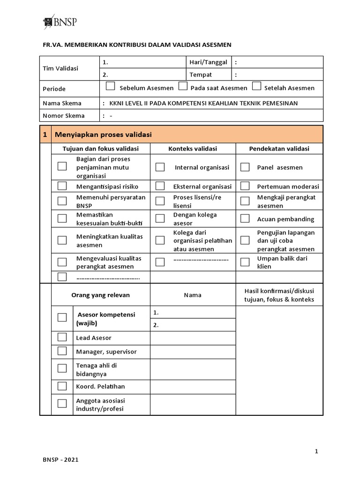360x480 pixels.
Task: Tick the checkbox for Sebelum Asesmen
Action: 110,86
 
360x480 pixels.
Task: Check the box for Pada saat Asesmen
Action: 183,86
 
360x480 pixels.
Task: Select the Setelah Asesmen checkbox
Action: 256,86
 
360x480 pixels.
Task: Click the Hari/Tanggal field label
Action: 208,62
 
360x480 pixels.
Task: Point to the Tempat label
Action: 201,75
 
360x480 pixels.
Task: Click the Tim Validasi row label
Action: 61,68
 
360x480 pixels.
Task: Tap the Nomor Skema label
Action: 64,116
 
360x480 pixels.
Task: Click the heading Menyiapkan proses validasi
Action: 104,135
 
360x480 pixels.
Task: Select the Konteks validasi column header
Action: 193,149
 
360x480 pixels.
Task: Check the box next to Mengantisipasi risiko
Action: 62,186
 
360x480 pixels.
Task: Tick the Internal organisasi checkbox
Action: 160,167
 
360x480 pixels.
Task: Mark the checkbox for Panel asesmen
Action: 245,167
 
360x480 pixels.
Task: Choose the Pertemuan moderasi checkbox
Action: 245,186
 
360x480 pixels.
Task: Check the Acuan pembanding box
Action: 245,218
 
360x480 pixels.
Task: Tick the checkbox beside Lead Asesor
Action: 62,337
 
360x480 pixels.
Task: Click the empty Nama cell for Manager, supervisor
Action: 193,352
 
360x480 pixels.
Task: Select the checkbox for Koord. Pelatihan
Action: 62,386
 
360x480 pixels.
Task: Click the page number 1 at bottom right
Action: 316,451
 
